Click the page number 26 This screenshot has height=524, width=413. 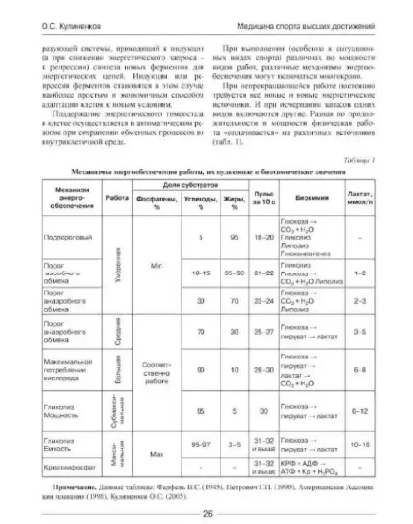pyautogui.click(x=208, y=514)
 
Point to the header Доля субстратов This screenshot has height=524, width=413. pyautogui.click(x=190, y=186)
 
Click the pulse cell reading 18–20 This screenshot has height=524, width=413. pyautogui.click(x=264, y=237)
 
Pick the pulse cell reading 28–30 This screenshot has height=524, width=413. pyautogui.click(x=264, y=370)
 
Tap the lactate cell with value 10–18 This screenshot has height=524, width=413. pyautogui.click(x=359, y=445)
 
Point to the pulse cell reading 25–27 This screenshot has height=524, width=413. pyautogui.click(x=264, y=332)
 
